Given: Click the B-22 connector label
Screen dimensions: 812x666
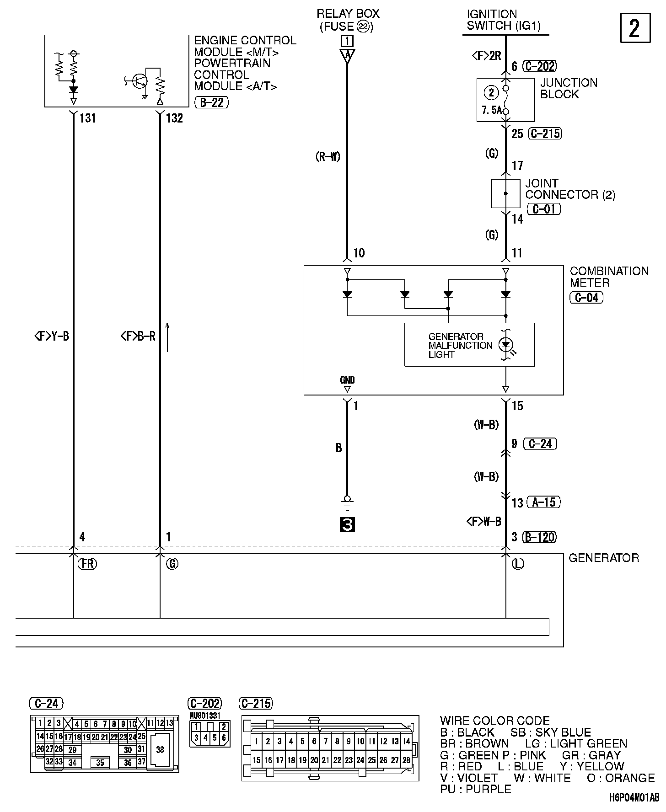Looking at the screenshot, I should (x=211, y=102).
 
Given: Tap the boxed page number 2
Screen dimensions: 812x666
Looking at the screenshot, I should (x=635, y=28).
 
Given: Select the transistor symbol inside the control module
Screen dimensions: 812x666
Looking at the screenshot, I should (x=139, y=81).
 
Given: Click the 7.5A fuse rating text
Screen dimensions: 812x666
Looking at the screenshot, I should (x=491, y=110).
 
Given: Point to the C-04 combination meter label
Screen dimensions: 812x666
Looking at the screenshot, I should (x=587, y=298).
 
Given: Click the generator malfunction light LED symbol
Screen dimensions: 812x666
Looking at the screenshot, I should (x=505, y=344).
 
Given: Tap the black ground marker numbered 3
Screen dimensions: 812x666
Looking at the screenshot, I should (x=347, y=525).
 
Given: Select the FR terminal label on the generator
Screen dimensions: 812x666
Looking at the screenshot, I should (x=87, y=564).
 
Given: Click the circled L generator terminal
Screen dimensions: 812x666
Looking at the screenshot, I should (x=517, y=564).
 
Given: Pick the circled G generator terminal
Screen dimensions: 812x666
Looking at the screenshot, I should (x=172, y=564).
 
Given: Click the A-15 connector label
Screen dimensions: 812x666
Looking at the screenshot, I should (x=543, y=502).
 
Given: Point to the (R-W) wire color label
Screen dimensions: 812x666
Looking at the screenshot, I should (x=328, y=157).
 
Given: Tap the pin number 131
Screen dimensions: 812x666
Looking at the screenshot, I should (x=87, y=118).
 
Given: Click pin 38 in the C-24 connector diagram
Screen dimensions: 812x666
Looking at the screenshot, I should (x=160, y=749).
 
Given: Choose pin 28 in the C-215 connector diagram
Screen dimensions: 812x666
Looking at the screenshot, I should (x=406, y=760).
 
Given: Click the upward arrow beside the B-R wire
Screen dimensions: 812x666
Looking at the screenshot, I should (x=167, y=337).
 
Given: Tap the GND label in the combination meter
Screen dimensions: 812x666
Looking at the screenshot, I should (x=347, y=379).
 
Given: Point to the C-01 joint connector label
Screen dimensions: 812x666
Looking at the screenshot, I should (x=543, y=208).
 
